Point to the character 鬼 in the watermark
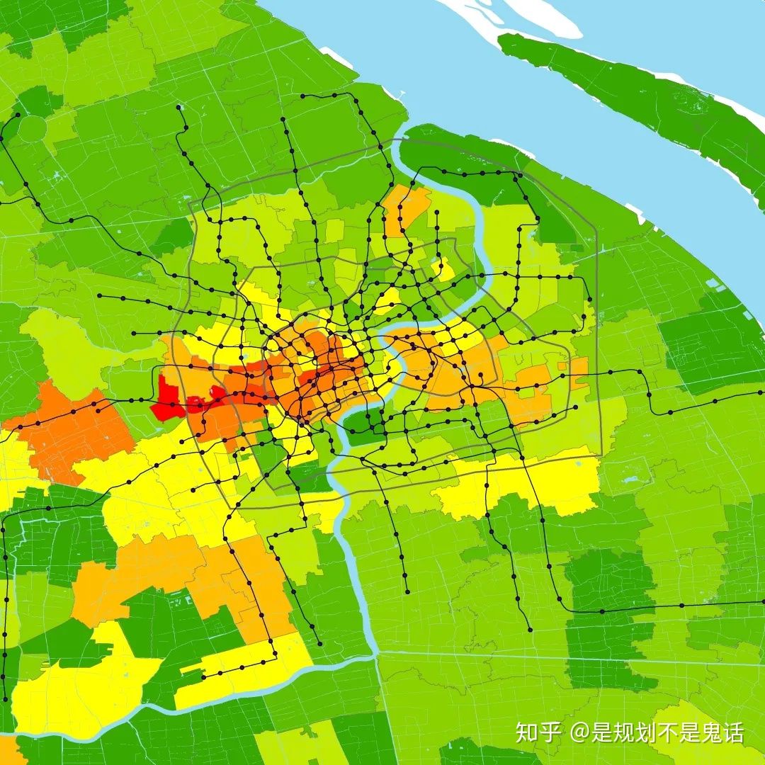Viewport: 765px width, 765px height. [709, 732]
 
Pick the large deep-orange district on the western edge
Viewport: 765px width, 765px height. [74, 432]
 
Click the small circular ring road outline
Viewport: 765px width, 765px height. [32, 127]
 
